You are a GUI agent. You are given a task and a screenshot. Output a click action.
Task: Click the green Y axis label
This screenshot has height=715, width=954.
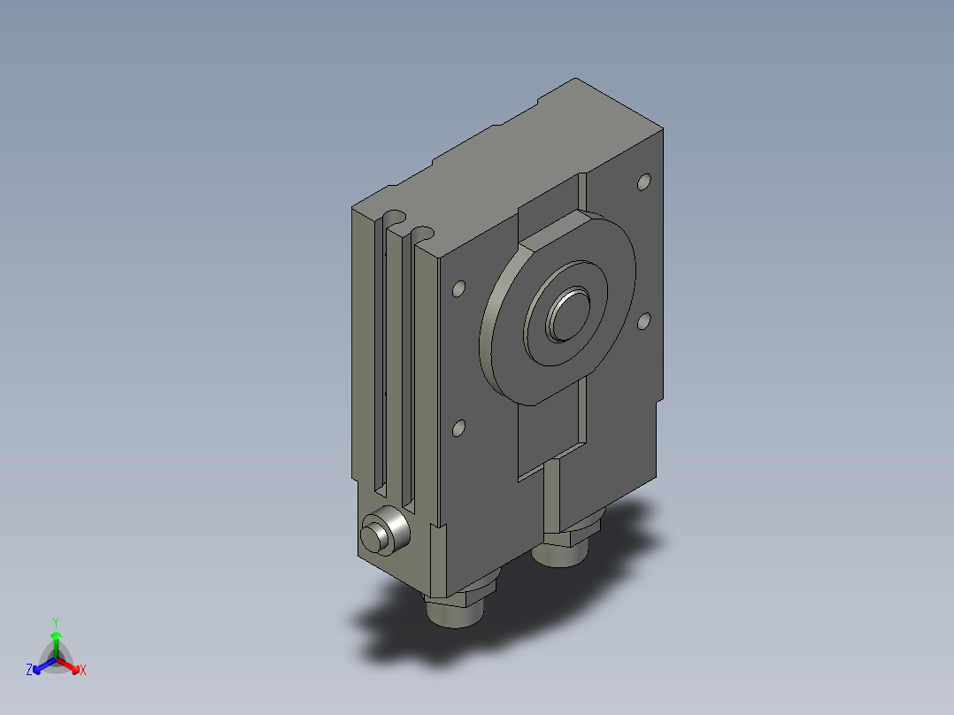pyautogui.click(x=56, y=622)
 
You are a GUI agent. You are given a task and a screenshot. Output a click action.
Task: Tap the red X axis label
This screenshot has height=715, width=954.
pyautogui.click(x=83, y=670)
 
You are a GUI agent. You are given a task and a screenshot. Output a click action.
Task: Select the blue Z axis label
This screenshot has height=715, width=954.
pyautogui.click(x=29, y=670)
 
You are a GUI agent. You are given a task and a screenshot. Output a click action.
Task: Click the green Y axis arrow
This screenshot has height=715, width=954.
pyautogui.click(x=56, y=644)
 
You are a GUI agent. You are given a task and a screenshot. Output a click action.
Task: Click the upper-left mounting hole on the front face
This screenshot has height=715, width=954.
pyautogui.click(x=459, y=288)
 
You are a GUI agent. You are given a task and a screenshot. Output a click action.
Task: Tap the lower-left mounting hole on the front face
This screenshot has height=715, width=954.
pyautogui.click(x=459, y=428)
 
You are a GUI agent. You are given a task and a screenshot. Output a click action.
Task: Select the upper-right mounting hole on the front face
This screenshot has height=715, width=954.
pyautogui.click(x=643, y=181)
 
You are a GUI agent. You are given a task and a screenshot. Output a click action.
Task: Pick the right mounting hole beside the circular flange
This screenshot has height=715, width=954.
pyautogui.click(x=643, y=320)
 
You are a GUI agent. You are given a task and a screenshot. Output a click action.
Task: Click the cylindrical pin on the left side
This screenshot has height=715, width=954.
pyautogui.click(x=385, y=531)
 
